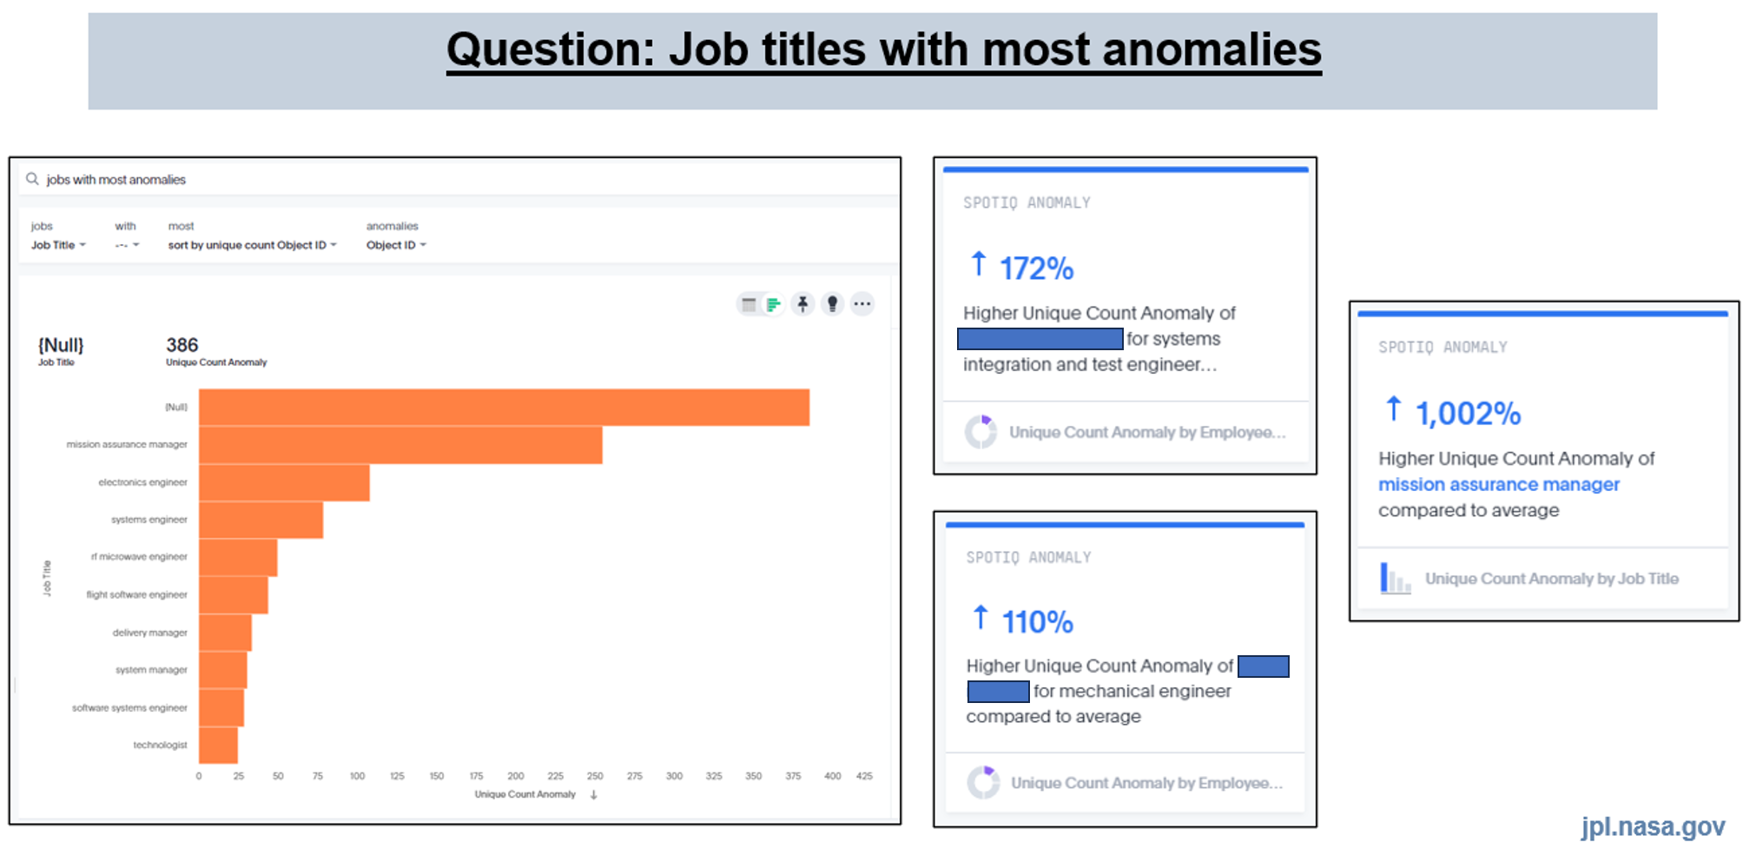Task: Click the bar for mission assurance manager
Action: click(x=400, y=444)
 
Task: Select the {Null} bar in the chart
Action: click(x=504, y=407)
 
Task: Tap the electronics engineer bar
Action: click(x=284, y=482)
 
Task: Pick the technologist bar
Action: click(x=218, y=745)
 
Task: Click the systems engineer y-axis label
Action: click(x=149, y=520)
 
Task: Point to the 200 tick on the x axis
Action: click(x=516, y=776)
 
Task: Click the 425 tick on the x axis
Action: click(x=864, y=776)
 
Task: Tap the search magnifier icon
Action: click(x=32, y=179)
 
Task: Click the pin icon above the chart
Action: click(x=802, y=303)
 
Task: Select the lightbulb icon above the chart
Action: click(x=832, y=303)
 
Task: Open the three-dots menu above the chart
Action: click(x=862, y=303)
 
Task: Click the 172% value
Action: click(x=1036, y=269)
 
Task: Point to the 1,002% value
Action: click(x=1468, y=414)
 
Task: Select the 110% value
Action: click(x=1037, y=622)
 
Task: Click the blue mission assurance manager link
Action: click(x=1498, y=484)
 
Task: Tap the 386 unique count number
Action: click(x=182, y=345)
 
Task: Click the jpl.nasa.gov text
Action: click(x=1653, y=826)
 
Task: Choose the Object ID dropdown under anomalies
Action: click(x=396, y=245)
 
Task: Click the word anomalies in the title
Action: click(x=1212, y=49)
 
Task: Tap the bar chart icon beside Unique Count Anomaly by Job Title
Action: click(x=1395, y=579)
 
